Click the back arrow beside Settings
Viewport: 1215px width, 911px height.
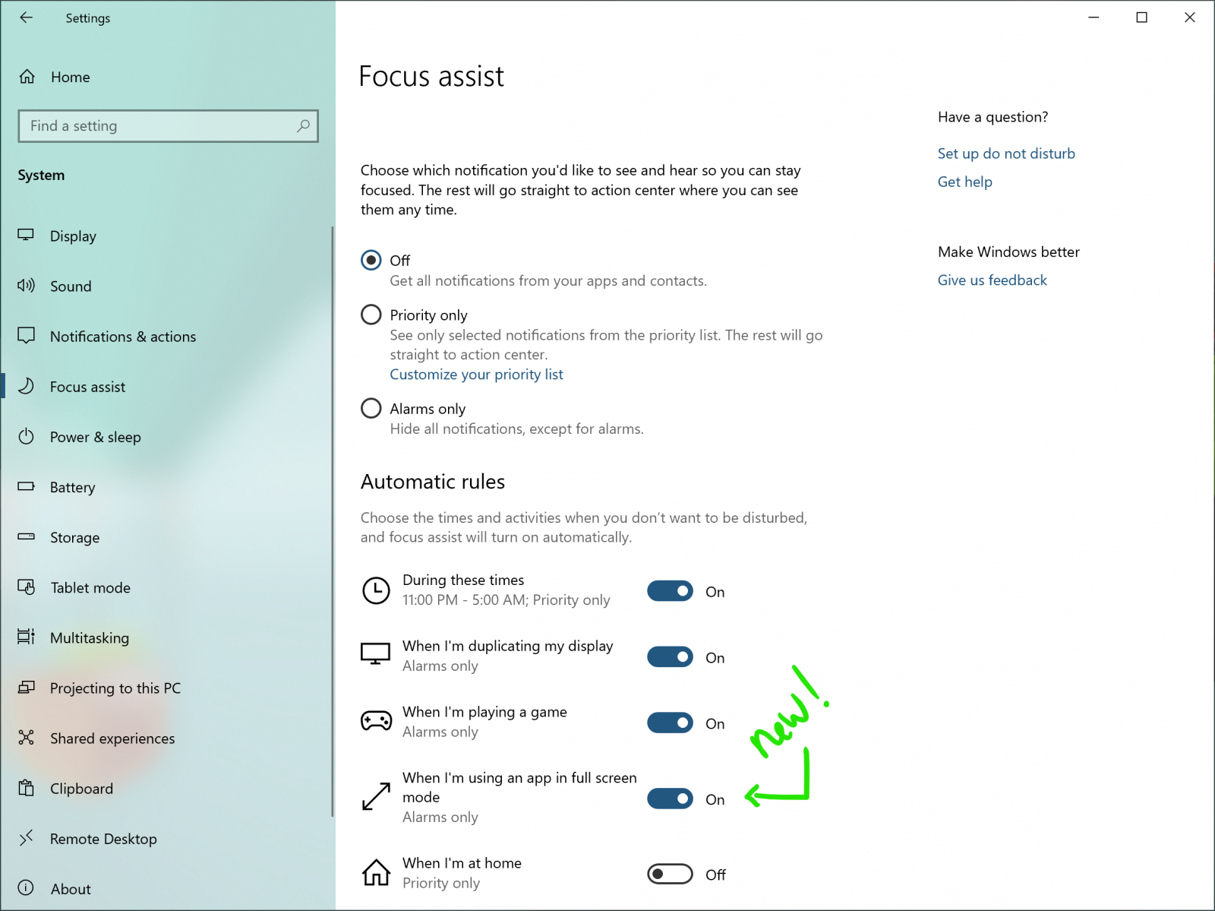(x=27, y=17)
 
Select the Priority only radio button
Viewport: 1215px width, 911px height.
(x=371, y=315)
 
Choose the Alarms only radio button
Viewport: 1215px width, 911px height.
(x=371, y=409)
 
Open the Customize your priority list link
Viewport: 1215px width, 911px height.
(x=476, y=375)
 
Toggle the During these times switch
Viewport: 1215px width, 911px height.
(x=670, y=591)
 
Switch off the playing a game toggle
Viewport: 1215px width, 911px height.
(x=670, y=723)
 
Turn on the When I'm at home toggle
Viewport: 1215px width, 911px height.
(x=670, y=875)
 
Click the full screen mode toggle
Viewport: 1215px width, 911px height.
(x=670, y=799)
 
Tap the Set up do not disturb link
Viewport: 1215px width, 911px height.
(x=1006, y=153)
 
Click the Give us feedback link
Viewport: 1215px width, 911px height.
(x=992, y=280)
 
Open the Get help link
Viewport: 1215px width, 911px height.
(x=964, y=182)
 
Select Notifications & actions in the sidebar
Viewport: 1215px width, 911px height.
(x=122, y=337)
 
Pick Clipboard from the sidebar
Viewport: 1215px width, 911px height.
(x=81, y=789)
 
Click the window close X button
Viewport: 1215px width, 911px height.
(x=1190, y=17)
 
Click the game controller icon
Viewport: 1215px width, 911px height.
(x=376, y=720)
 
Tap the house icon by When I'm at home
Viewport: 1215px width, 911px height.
(x=376, y=872)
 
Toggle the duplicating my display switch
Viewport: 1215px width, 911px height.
(x=670, y=657)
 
